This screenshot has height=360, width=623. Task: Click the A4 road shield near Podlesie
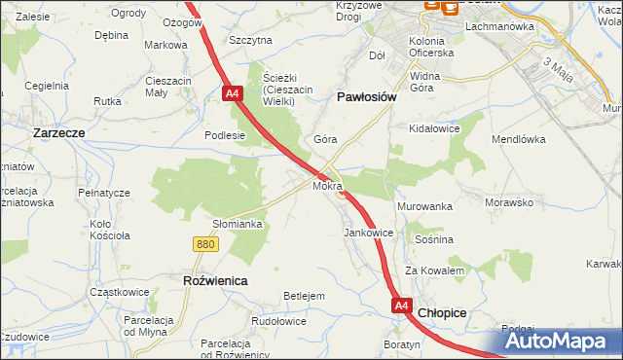point(232,93)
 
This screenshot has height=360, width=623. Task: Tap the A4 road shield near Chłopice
point(403,306)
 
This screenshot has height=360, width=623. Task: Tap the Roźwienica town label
point(215,280)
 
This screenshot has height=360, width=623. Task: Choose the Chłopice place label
point(442,313)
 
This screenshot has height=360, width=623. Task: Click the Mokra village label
point(328,184)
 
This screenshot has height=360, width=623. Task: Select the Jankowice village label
point(368,234)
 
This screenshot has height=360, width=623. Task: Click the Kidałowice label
point(434,128)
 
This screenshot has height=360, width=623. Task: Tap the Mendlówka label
point(523,139)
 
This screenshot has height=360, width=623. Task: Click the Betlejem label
point(303,296)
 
